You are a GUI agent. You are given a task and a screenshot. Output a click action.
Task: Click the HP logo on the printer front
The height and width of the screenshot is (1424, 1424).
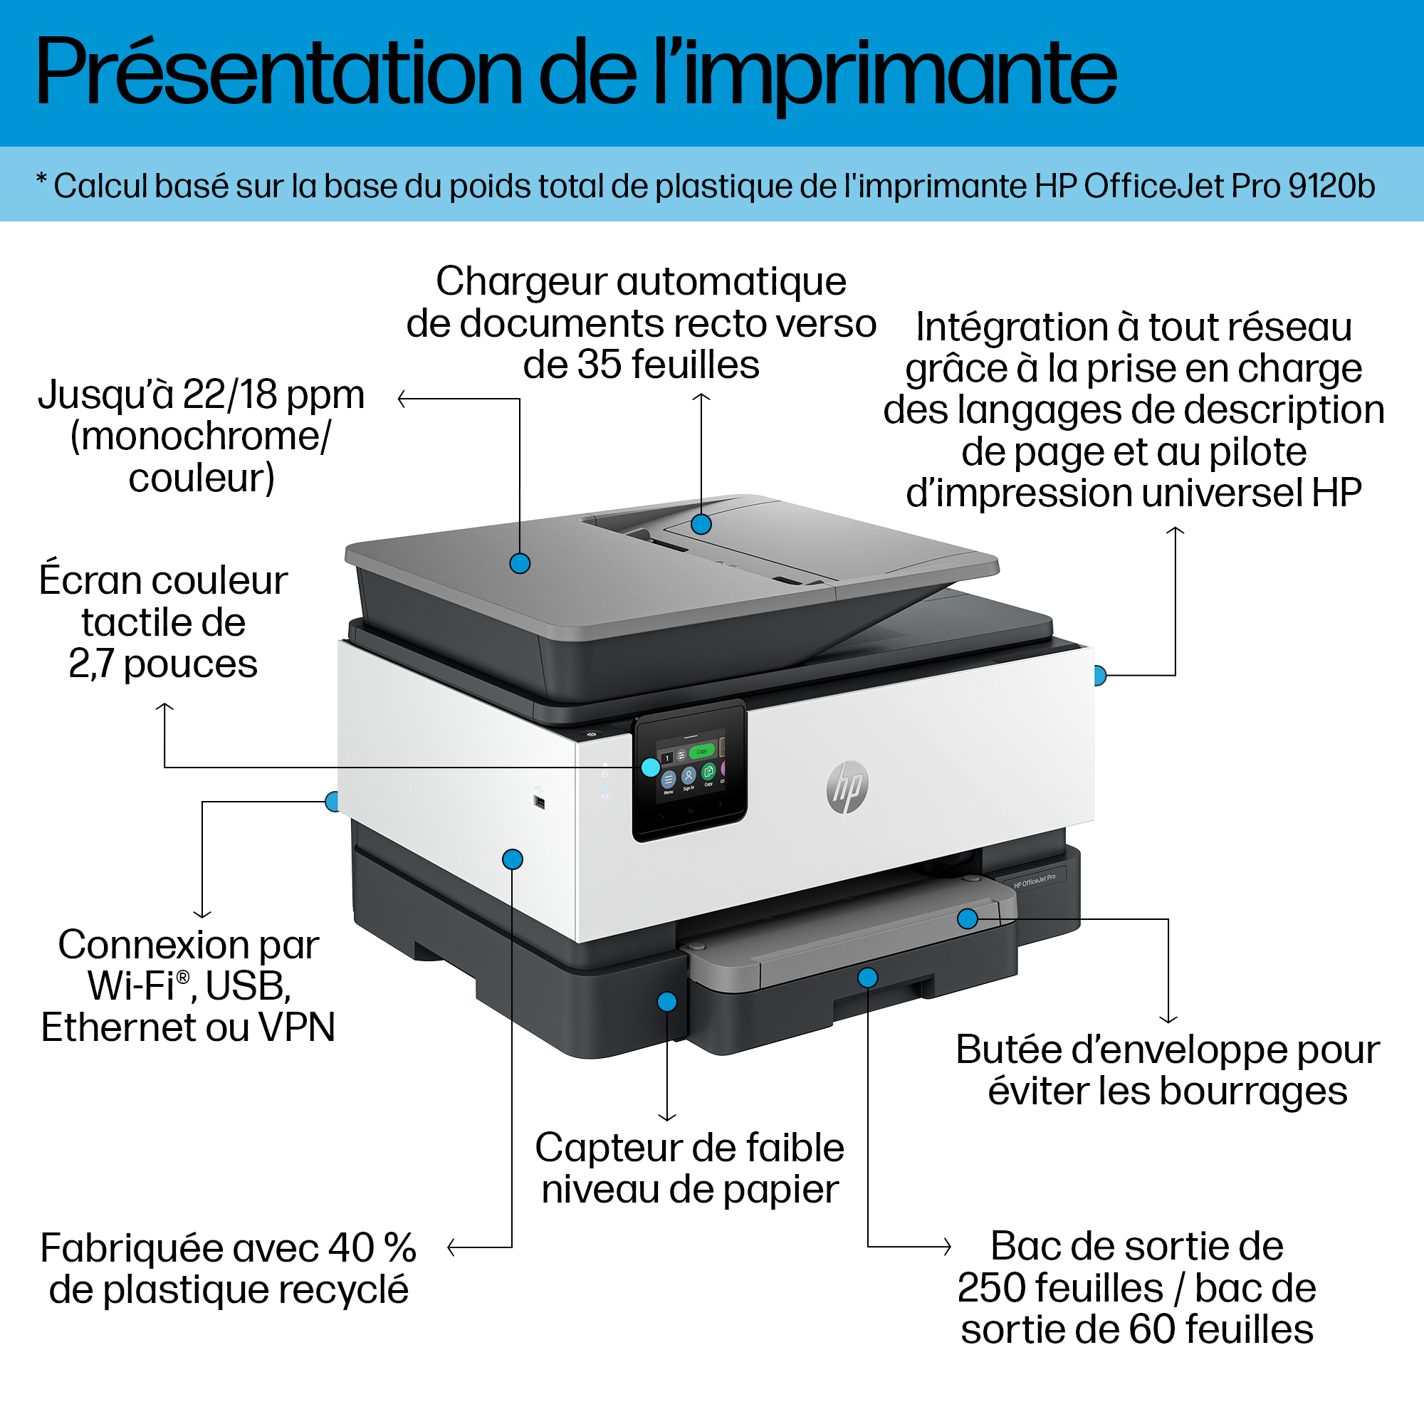(x=847, y=787)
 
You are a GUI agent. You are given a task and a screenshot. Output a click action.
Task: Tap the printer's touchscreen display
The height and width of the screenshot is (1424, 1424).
(x=690, y=771)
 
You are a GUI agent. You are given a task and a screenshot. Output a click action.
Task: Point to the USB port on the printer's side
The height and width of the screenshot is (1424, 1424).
(x=539, y=801)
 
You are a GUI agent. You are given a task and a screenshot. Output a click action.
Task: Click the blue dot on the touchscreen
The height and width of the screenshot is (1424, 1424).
(x=650, y=768)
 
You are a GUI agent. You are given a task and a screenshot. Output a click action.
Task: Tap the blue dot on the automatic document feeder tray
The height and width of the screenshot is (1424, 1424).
(x=701, y=524)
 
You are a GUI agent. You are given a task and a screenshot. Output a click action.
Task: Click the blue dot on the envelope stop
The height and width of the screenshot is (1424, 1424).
(x=967, y=918)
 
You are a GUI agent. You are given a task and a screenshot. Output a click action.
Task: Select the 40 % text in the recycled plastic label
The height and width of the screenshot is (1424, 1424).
(x=373, y=1249)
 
